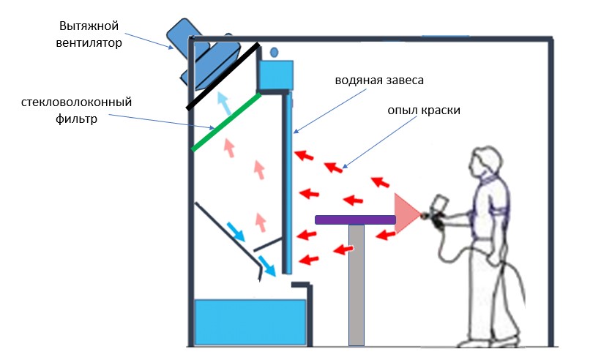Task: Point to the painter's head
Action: (x=484, y=162)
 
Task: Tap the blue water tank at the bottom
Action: (x=249, y=321)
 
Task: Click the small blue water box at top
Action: (x=275, y=74)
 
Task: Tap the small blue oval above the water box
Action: (x=275, y=53)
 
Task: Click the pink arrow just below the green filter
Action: (x=229, y=149)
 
